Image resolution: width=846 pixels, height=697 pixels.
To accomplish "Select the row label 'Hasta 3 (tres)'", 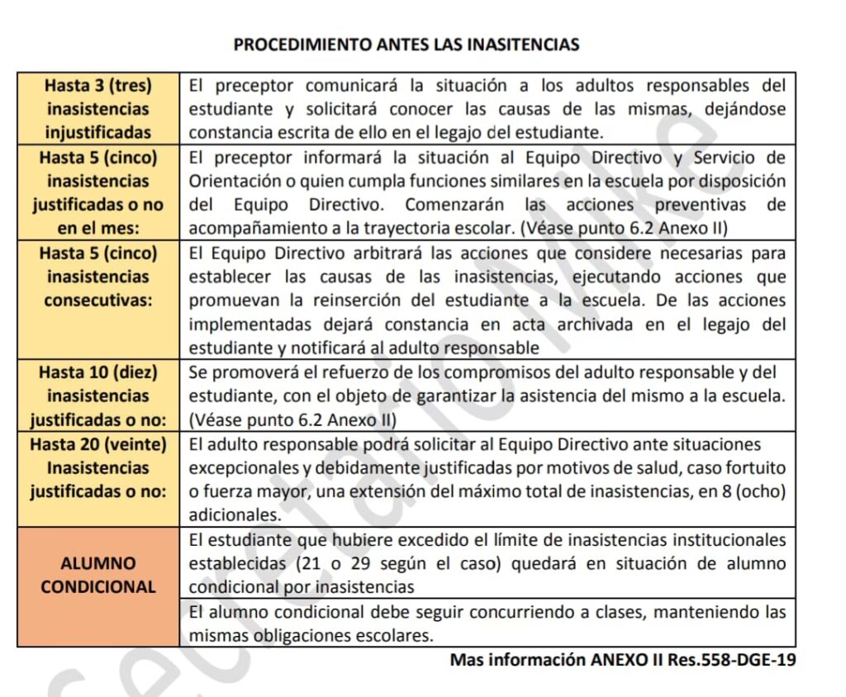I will (97, 85).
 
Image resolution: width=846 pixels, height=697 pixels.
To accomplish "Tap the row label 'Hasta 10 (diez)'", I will (97, 372).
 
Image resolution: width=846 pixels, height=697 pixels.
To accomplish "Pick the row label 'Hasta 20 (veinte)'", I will (97, 444).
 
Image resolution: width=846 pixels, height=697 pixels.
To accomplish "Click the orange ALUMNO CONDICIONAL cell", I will (97, 575).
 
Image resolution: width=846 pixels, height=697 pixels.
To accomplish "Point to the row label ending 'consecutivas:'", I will (97, 300).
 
